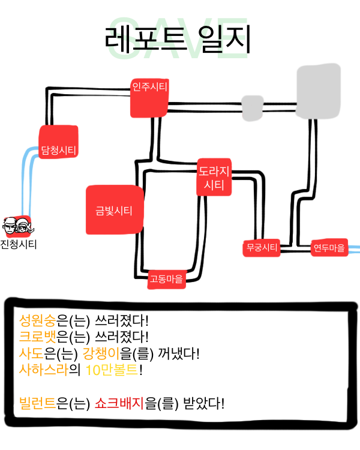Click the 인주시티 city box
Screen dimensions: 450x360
149,97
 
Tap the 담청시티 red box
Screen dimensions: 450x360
58,142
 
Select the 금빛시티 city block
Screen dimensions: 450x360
114,210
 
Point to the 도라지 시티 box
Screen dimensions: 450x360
214,177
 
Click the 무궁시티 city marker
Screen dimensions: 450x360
262,247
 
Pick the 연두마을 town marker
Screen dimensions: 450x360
329,247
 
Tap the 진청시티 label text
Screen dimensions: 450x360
19,244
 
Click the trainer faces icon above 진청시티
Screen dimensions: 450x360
17,227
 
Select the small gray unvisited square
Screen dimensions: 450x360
252,107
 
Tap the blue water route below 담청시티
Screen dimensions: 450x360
28,180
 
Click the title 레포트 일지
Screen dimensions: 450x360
178,40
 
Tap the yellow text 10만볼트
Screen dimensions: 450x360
115,369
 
